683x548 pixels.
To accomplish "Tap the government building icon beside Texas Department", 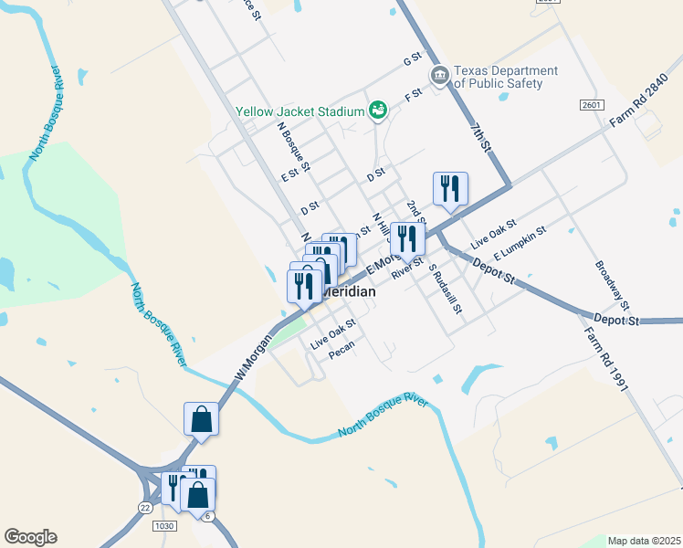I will (439, 74).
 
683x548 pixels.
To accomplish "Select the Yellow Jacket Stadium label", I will (300, 111).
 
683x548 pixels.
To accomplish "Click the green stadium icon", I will (377, 111).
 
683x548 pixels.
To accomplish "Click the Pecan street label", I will (341, 355).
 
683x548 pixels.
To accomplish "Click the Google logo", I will (30, 537).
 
